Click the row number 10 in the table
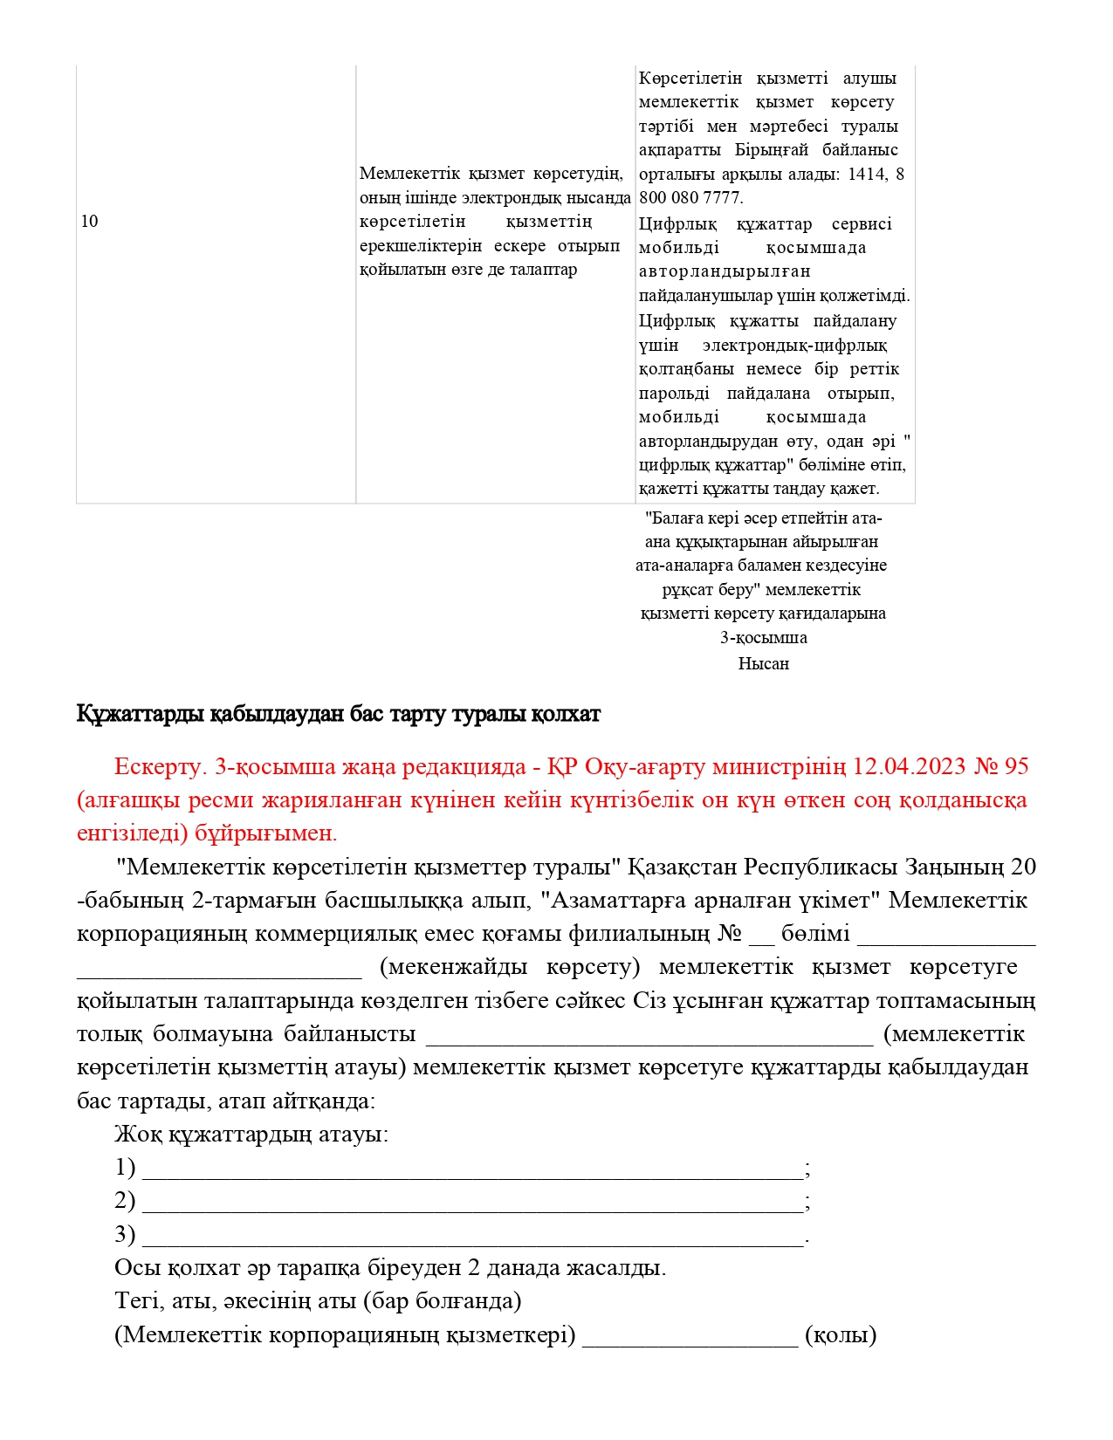click(x=89, y=222)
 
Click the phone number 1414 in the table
click(x=866, y=174)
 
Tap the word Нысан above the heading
click(x=763, y=663)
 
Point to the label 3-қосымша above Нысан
click(x=763, y=638)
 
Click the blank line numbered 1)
click(x=471, y=1169)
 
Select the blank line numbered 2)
click(x=471, y=1203)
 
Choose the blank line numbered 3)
click(x=471, y=1237)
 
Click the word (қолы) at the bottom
click(x=841, y=1335)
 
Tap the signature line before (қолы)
click(x=690, y=1337)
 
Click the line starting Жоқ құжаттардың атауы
click(x=251, y=1135)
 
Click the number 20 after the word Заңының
click(x=1023, y=867)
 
